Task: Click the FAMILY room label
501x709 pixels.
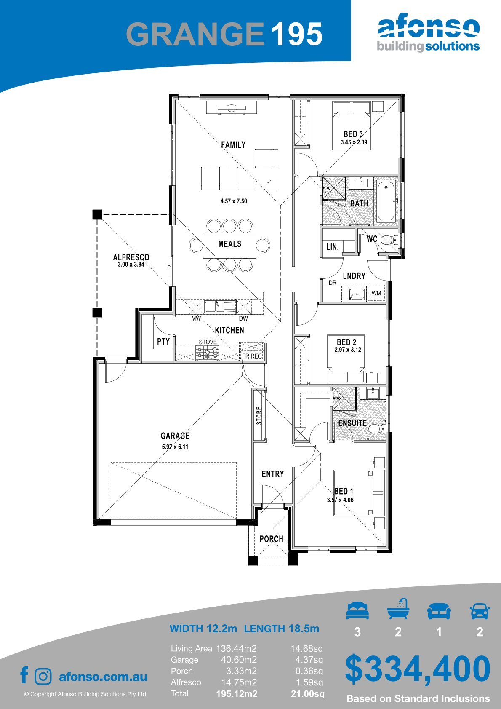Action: click(233, 144)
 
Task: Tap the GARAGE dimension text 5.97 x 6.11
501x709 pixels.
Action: click(175, 447)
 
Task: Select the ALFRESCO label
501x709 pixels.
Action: click(131, 257)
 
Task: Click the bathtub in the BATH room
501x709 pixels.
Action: click(386, 201)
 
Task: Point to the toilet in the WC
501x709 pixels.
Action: click(388, 240)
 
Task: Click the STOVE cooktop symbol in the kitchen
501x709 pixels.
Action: click(207, 352)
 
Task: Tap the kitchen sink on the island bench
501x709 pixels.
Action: click(220, 307)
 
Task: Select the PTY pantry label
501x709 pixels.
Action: click(163, 342)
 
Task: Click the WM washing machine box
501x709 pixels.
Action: click(376, 293)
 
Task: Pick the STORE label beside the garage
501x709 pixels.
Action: click(259, 416)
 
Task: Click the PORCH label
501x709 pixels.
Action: click(272, 539)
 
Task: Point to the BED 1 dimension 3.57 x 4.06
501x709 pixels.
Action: click(340, 500)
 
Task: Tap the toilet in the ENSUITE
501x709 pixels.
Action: click(376, 429)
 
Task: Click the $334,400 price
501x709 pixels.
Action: click(418, 669)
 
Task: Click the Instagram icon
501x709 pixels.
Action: click(43, 676)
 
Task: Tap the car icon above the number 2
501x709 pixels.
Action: click(480, 611)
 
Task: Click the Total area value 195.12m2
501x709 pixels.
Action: click(237, 694)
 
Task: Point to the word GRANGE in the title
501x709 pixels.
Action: click(195, 34)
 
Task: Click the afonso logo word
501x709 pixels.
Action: click(429, 28)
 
